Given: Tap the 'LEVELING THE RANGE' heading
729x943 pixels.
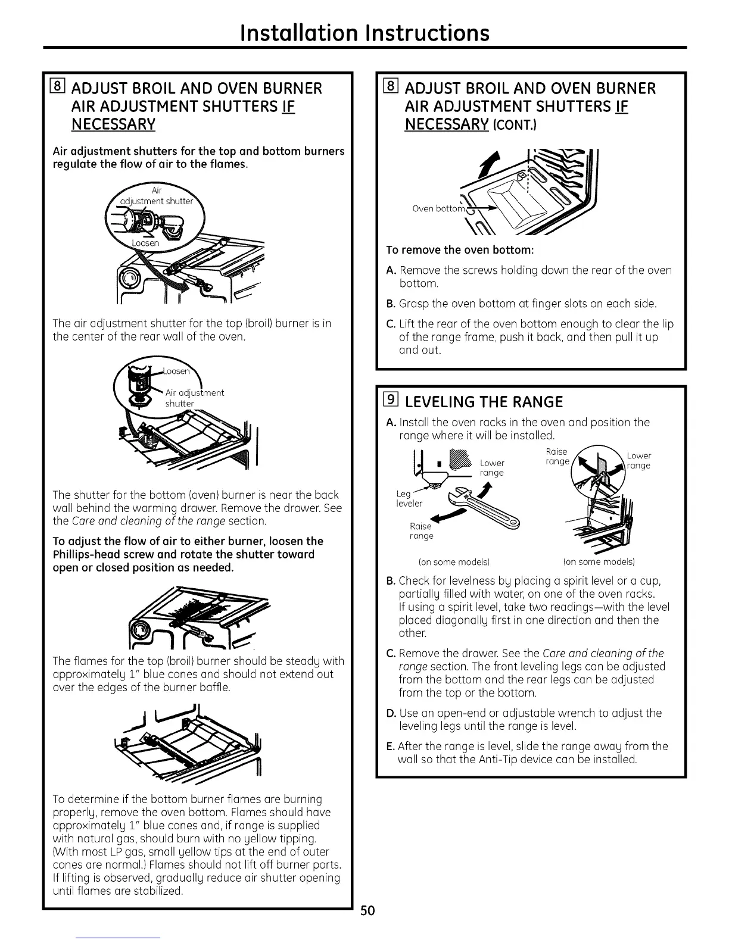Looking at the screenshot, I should (483, 402).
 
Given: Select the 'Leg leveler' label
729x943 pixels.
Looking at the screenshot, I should (409, 498).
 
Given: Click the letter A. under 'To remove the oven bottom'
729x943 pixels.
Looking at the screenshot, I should (391, 270).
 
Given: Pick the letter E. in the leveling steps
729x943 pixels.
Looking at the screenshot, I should (391, 746).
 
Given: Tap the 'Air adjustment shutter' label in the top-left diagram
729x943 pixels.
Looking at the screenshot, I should (157, 196).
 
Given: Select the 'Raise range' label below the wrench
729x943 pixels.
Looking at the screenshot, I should (421, 531).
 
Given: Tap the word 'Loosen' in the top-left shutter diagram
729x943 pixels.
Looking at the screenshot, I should (145, 243).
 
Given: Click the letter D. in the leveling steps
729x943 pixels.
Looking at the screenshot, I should (391, 713).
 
